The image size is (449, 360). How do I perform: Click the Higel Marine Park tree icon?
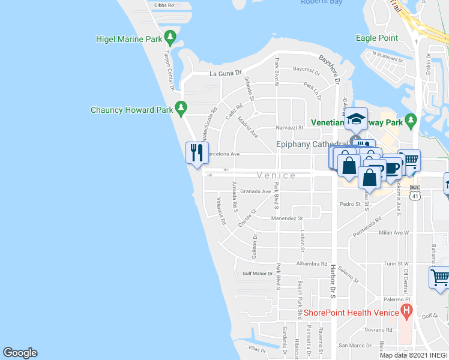pos(170,39)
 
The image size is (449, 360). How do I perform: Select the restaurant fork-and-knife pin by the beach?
pos(196,153)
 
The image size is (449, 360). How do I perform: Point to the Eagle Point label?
pos(376,38)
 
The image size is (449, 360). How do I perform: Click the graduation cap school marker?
pos(355,119)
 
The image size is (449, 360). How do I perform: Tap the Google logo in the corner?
pos(20,353)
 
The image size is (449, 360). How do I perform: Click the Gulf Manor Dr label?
pos(258,273)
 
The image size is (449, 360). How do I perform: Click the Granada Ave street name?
pos(256,192)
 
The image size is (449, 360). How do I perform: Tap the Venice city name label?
pos(276,175)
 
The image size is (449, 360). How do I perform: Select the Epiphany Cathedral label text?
pos(311,144)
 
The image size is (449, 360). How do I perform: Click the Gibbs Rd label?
pos(163,5)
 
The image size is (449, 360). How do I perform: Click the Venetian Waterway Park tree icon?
pos(411,121)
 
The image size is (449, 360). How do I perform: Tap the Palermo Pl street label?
pos(397,299)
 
